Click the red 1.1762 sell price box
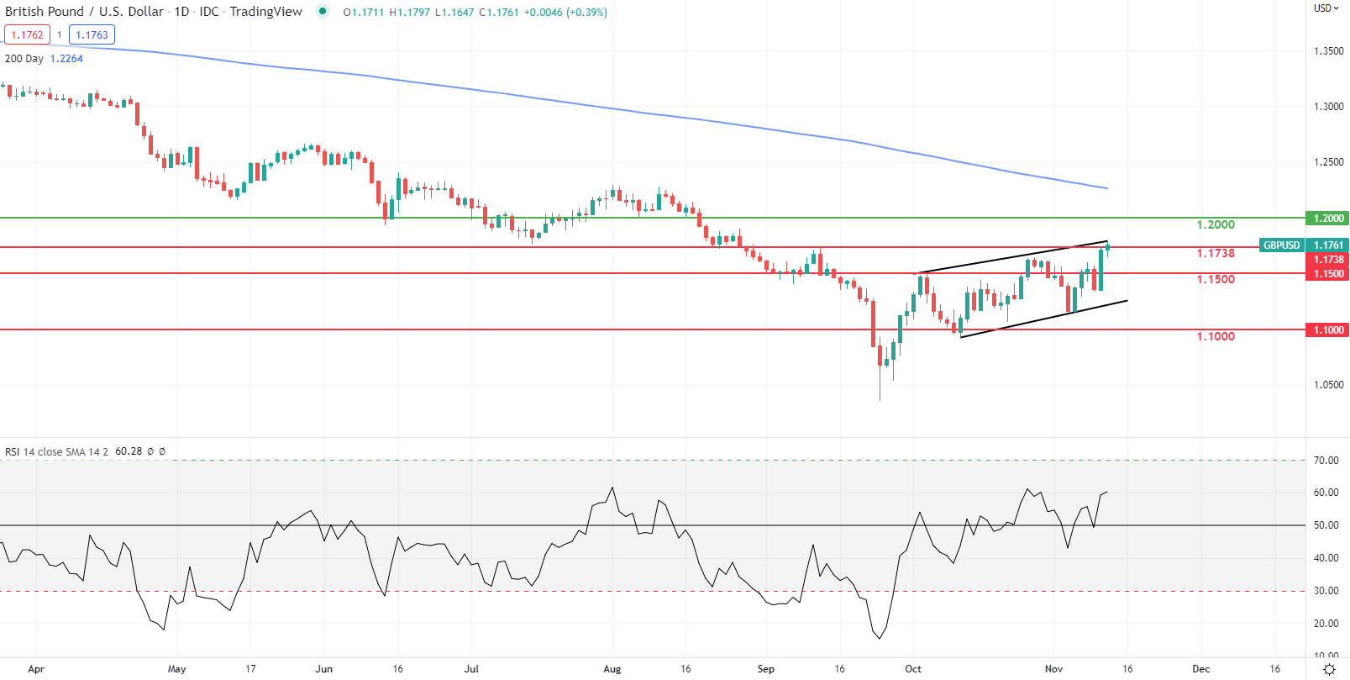coord(27,35)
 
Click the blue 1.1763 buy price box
coord(92,35)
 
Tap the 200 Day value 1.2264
coord(66,59)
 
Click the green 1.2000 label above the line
coord(1216,224)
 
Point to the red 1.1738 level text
coord(1216,253)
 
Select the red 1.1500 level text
coord(1216,279)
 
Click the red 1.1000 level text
coord(1216,336)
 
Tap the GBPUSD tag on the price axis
coord(1281,245)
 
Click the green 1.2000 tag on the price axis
coord(1328,219)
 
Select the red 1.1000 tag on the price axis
coord(1328,330)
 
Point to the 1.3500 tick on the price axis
coord(1328,51)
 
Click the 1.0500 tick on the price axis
coord(1328,385)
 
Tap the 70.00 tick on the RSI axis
coord(1326,461)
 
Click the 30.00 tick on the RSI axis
coord(1326,591)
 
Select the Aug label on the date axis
coord(612,669)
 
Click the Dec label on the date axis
coord(1201,669)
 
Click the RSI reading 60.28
coord(129,451)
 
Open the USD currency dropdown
coord(1326,8)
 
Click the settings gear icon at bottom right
coord(1329,669)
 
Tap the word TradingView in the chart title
coord(265,12)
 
